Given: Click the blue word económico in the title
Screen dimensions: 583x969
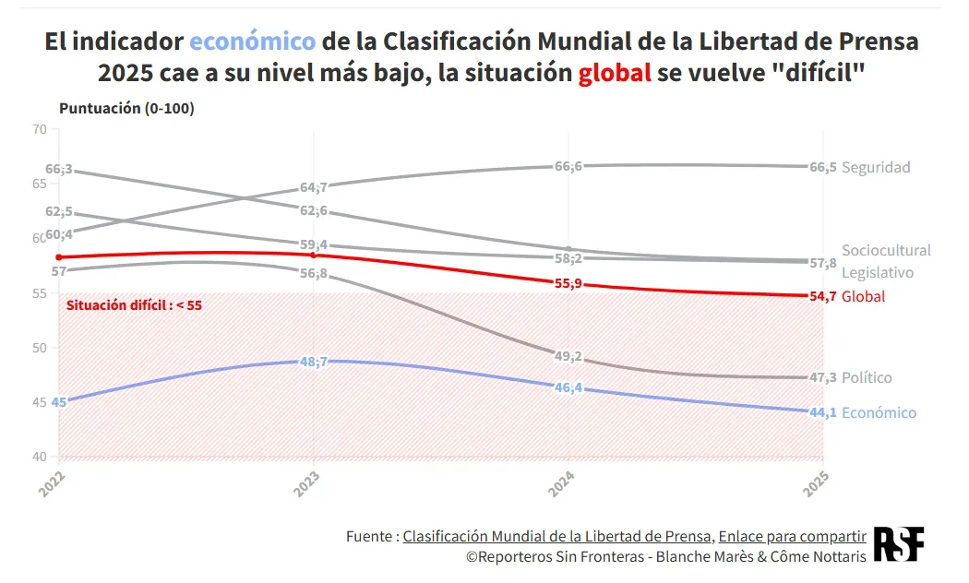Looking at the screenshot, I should (x=253, y=42).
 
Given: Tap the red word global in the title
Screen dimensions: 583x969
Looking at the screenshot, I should (x=615, y=74).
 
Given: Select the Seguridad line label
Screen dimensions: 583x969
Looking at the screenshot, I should (x=876, y=167).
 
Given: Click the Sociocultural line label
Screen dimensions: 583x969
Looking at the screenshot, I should (x=886, y=250).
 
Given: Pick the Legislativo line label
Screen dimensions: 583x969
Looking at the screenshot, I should (x=878, y=272).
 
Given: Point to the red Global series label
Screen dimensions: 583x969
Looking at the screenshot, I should (x=863, y=296).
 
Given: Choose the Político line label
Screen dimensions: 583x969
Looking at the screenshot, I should (x=867, y=377).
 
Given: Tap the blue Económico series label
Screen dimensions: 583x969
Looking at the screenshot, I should (x=879, y=412).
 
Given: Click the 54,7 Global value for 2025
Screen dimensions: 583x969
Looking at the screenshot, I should (x=823, y=296).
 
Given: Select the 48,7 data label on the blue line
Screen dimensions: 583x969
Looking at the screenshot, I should (x=314, y=362).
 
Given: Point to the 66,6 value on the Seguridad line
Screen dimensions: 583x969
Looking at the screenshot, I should (x=568, y=166).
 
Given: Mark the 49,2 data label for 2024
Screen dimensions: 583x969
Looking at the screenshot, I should (x=568, y=356).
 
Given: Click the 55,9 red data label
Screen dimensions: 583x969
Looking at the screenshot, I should (x=568, y=283).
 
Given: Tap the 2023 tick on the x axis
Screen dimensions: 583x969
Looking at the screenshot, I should (x=307, y=483).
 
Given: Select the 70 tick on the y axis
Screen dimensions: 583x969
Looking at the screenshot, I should (x=39, y=129).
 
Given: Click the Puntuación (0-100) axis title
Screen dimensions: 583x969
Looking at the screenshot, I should (x=126, y=108).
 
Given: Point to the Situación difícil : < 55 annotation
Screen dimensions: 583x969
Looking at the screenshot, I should (x=134, y=304).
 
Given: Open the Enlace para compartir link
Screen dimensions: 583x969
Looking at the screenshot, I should (x=792, y=536).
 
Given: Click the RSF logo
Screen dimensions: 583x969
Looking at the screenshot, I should (x=898, y=544).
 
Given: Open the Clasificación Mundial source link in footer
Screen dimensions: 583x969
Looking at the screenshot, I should (x=557, y=536).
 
